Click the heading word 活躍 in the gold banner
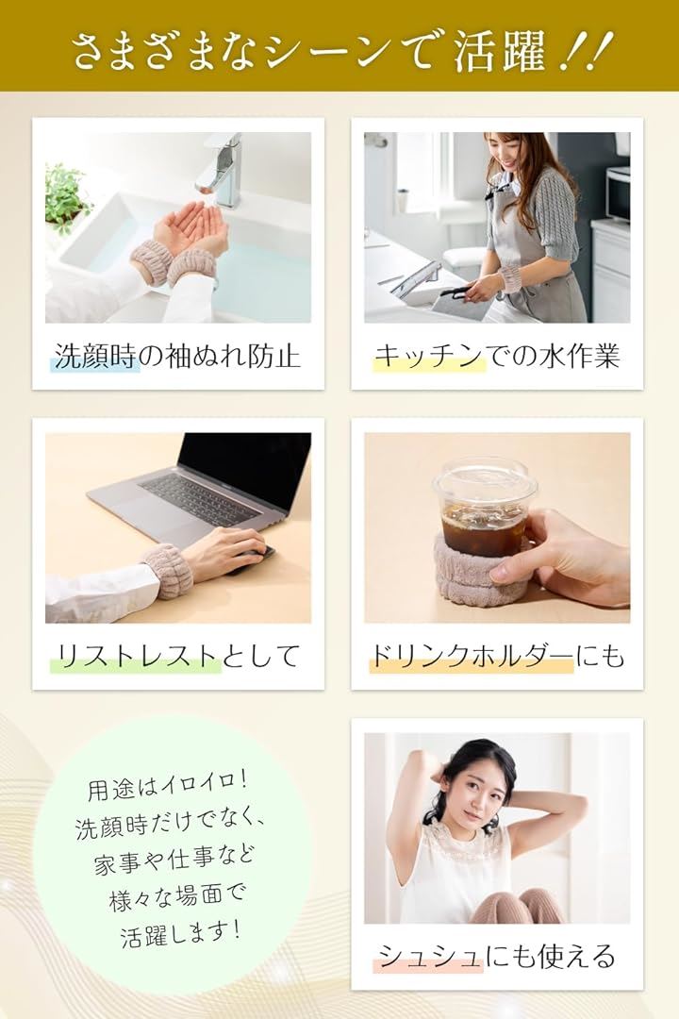pyautogui.click(x=499, y=52)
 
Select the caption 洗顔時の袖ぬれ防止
pyautogui.click(x=177, y=356)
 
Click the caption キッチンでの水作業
pyautogui.click(x=497, y=356)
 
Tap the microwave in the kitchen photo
pyautogui.click(x=618, y=193)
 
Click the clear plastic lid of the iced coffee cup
pyautogui.click(x=477, y=480)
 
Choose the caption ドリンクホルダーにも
pyautogui.click(x=497, y=656)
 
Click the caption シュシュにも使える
pyautogui.click(x=497, y=956)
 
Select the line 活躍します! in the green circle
pyautogui.click(x=181, y=933)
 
